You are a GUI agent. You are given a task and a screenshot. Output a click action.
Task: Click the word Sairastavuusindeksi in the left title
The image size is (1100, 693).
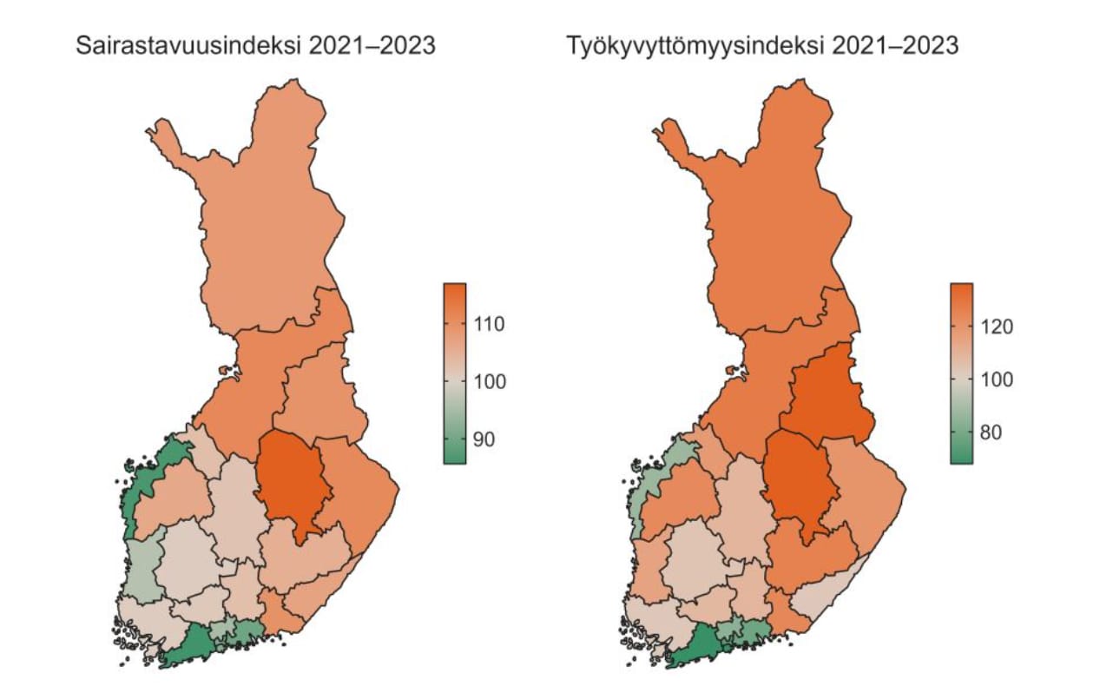pos(188,45)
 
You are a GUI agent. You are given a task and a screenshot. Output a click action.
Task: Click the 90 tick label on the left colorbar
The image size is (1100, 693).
pos(487,439)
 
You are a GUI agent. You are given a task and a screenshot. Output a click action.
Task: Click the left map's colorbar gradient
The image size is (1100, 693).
pos(454,373)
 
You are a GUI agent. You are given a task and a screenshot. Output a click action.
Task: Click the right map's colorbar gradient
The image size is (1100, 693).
pos(961,373)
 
